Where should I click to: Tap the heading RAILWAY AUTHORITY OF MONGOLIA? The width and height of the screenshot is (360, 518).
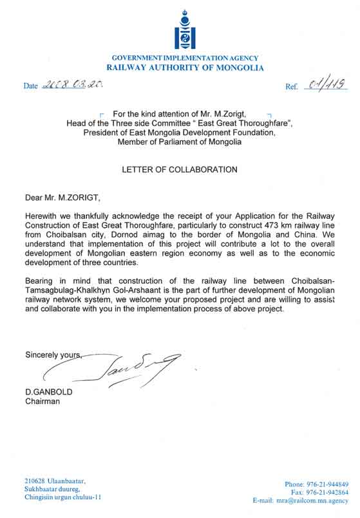click(185, 67)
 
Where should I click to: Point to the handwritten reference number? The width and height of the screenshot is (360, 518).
click(326, 84)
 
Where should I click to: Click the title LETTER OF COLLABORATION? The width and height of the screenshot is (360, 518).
click(180, 170)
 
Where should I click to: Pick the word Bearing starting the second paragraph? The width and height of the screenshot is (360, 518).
click(41, 281)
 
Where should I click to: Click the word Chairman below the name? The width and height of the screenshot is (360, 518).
click(43, 402)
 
